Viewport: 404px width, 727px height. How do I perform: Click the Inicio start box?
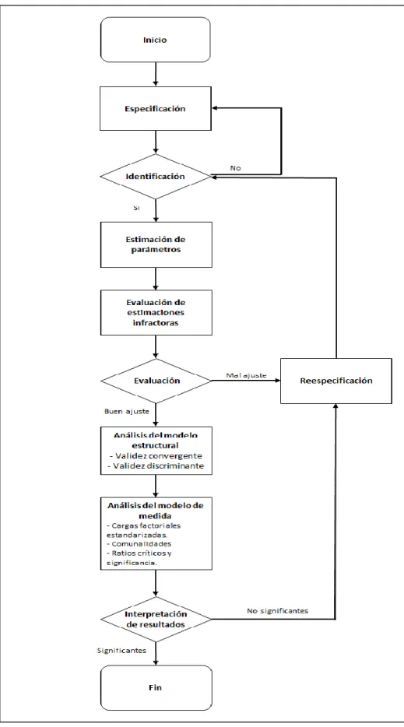coord(156,40)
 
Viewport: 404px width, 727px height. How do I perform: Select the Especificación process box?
coord(156,108)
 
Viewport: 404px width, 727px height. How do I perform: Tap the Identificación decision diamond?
coord(156,177)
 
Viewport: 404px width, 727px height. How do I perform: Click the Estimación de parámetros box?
coord(156,244)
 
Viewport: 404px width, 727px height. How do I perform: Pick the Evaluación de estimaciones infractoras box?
coord(156,312)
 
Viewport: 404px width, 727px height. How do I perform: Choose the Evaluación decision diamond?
coord(156,381)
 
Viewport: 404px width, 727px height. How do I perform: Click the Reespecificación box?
coord(335,381)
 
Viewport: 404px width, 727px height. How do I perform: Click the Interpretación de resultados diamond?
coord(156,619)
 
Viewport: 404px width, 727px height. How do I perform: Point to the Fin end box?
coord(156,687)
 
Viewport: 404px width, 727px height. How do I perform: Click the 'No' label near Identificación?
coord(235,168)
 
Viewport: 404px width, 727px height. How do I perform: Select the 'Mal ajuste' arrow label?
coord(246,375)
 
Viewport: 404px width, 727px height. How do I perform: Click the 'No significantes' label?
coord(277,610)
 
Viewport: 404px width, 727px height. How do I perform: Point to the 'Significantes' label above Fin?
coord(121,651)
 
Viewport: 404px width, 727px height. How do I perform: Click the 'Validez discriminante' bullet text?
coord(156,466)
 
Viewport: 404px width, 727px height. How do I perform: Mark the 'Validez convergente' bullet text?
coord(156,456)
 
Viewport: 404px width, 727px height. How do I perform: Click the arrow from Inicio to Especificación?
coord(156,74)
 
